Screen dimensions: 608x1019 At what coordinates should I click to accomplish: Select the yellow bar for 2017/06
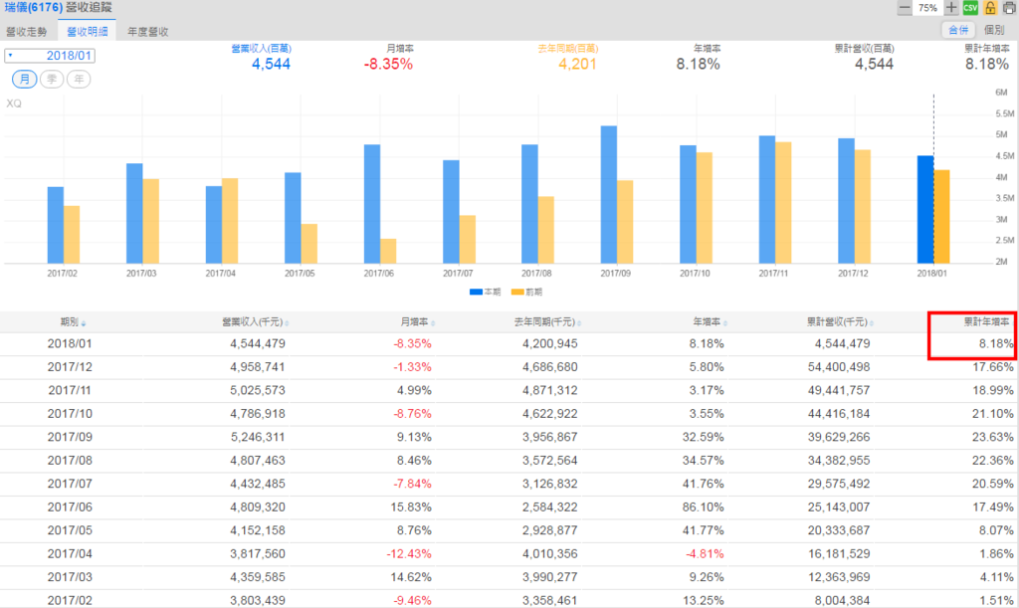click(x=389, y=250)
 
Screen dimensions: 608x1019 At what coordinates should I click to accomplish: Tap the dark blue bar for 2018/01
click(x=925, y=209)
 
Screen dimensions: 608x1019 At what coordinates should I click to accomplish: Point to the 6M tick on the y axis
click(x=1001, y=93)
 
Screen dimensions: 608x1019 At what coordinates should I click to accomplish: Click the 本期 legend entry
click(x=485, y=292)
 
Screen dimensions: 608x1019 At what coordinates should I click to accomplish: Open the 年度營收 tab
click(x=147, y=31)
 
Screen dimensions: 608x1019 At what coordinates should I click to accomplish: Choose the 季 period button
click(x=53, y=79)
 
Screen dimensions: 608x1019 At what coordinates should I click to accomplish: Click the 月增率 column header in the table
click(x=413, y=321)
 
